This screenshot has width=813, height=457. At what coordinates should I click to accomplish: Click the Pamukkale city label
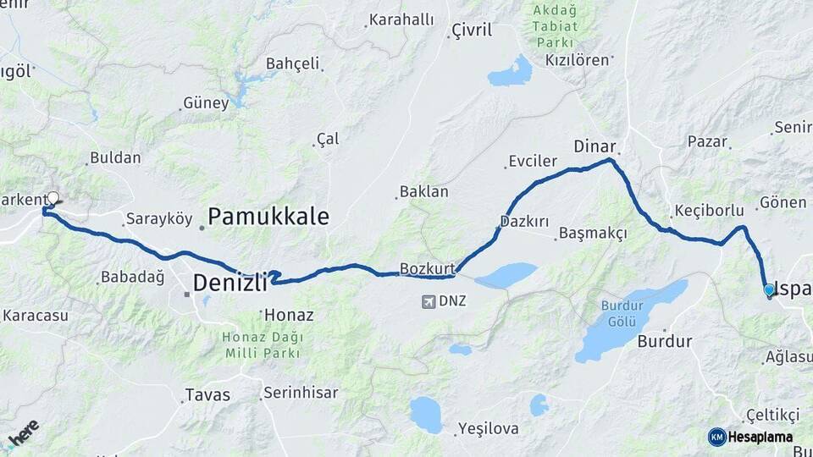click(x=268, y=217)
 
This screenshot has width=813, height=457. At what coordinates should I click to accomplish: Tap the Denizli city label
click(x=230, y=284)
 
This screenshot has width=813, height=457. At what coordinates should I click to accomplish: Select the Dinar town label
click(x=595, y=146)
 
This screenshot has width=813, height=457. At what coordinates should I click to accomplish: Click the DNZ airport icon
click(x=429, y=301)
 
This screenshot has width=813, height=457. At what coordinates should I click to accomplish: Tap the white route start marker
click(x=53, y=199)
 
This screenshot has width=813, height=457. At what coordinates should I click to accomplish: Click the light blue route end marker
click(x=769, y=289)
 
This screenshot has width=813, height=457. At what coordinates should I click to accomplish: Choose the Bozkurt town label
click(x=428, y=269)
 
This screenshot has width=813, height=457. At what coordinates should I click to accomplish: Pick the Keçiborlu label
click(x=709, y=211)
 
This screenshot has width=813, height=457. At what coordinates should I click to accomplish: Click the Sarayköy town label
click(x=153, y=219)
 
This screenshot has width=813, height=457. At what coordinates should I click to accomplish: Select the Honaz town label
click(x=289, y=315)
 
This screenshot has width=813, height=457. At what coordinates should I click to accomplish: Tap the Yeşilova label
click(x=488, y=428)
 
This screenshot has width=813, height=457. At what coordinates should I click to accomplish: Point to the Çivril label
click(x=472, y=30)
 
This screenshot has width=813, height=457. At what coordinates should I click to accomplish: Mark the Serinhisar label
click(x=301, y=393)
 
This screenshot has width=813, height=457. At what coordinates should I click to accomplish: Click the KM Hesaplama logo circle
click(x=716, y=437)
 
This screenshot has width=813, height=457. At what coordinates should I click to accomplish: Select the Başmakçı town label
click(x=593, y=234)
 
